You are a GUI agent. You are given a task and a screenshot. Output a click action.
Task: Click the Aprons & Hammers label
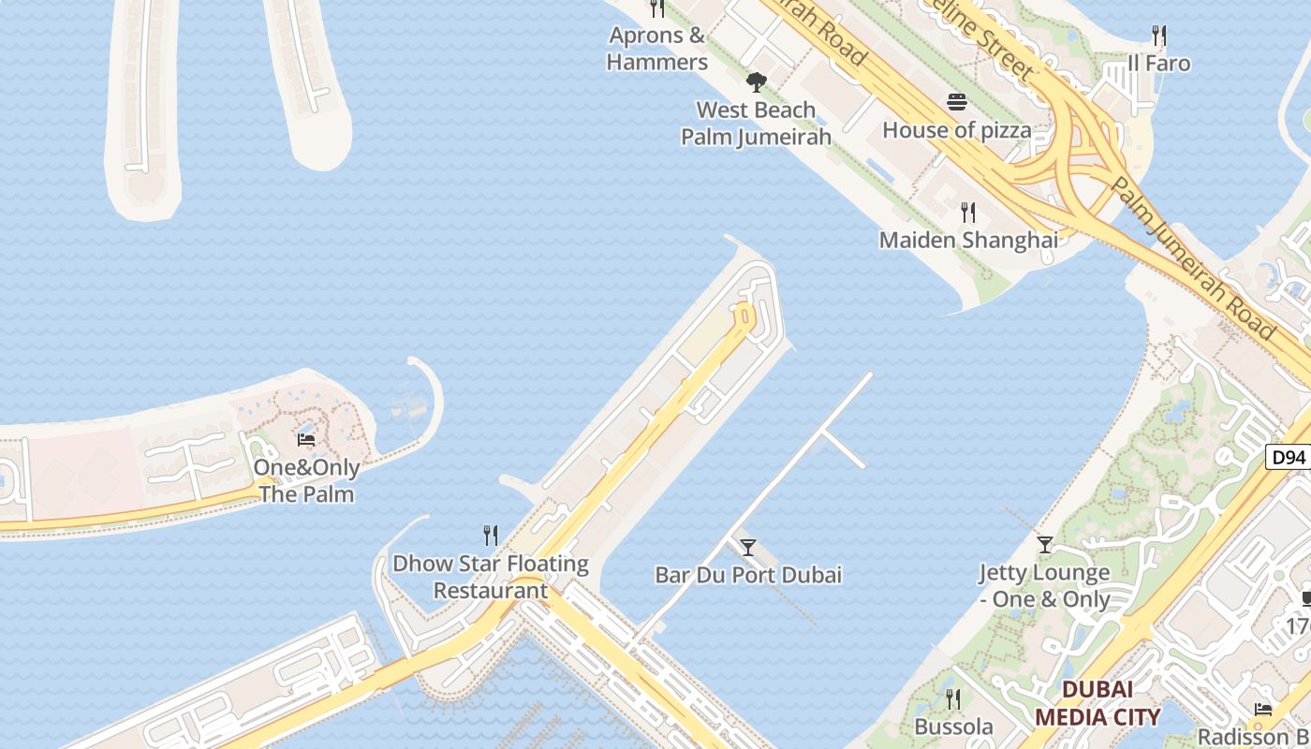pos(656,49)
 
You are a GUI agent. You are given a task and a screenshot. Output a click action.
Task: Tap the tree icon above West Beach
pos(756,82)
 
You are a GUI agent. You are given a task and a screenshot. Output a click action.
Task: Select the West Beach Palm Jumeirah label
pos(756,124)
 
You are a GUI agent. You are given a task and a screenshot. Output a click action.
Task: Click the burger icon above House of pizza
pos(957,101)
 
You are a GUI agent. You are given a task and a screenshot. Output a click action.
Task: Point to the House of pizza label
pos(957,130)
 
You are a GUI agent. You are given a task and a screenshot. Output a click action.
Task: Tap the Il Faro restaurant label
pos(1159,64)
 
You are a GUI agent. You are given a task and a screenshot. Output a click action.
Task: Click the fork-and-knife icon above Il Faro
pos(1159,37)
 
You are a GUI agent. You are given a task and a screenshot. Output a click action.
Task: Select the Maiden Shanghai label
pos(968,240)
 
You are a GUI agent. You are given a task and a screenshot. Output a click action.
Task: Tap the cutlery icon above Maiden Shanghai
pos(968,212)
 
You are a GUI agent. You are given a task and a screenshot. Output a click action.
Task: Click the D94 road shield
pos(1289,458)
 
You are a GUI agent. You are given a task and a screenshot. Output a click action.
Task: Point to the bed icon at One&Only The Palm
pos(306,439)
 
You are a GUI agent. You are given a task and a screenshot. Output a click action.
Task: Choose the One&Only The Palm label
pos(306,480)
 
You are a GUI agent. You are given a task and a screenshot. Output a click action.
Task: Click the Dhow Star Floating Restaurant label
pos(491,577)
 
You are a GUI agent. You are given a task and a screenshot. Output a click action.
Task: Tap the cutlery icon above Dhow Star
pos(491,536)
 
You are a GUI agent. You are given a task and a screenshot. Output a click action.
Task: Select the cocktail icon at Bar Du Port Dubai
pos(747,548)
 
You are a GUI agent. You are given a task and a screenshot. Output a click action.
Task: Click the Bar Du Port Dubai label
pos(748,575)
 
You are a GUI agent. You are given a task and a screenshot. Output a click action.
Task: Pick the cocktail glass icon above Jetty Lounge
pos(1045,544)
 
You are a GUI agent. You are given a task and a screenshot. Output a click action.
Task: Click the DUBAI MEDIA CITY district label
pos(1097,704)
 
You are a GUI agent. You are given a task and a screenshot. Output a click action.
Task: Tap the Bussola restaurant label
pos(953,727)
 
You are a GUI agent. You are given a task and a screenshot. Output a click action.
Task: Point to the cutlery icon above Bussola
pos(953,699)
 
